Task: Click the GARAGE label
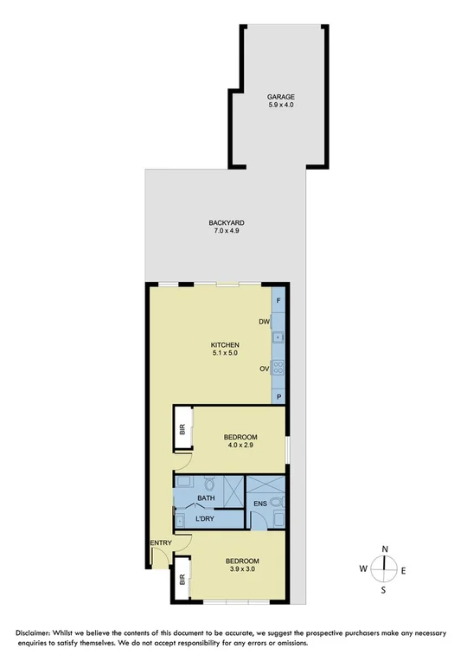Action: pos(280,98)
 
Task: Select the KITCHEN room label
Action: pos(225,344)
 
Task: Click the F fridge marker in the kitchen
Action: pos(278,300)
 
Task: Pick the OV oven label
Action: pos(264,369)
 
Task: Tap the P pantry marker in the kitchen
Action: pos(278,396)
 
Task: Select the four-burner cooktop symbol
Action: pos(278,368)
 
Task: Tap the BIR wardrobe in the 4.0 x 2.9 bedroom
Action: pos(182,430)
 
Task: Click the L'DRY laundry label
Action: pos(205,519)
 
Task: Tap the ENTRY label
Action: pos(161,543)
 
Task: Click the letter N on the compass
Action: pos(385,549)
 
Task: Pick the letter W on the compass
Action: pos(364,569)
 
